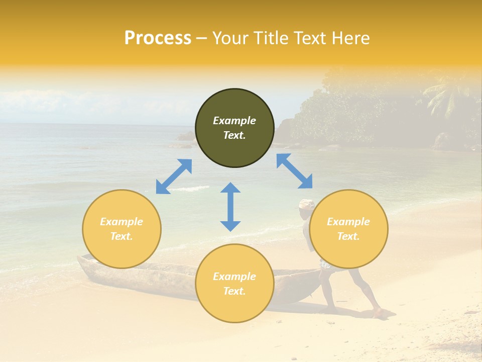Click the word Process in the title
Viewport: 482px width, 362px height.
pos(158,38)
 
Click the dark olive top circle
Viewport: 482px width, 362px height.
pos(234,128)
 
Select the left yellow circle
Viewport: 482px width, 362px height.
pos(122,229)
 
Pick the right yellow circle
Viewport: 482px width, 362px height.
pos(348,229)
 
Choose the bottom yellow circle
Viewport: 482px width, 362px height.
pos(234,283)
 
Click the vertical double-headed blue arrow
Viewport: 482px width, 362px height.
pos(230,207)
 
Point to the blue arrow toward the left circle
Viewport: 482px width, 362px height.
pos(174,176)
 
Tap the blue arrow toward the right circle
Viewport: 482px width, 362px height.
pos(295,171)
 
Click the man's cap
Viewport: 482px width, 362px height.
pos(306,204)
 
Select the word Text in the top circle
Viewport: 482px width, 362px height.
pos(234,136)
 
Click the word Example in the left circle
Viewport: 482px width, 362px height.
pos(122,222)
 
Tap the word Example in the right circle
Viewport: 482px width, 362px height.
pos(348,222)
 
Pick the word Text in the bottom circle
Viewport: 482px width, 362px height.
pos(234,291)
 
